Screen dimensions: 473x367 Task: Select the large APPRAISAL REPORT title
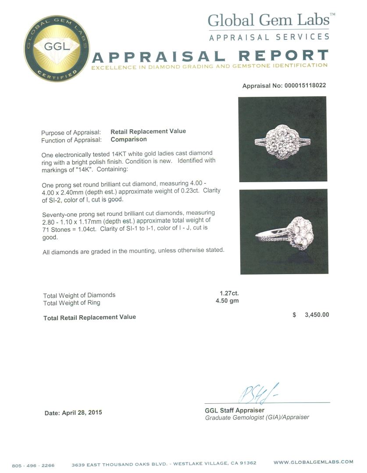tap(210, 56)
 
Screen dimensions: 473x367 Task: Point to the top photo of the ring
tap(282, 139)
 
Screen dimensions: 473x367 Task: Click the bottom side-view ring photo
tap(283, 232)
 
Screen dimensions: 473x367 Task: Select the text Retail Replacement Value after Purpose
tap(148, 131)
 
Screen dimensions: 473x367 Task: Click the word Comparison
tap(128, 140)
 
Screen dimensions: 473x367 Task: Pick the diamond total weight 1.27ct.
tap(229, 293)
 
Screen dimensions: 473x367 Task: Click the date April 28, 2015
tap(73, 413)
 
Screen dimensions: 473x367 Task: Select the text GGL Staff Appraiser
tap(235, 410)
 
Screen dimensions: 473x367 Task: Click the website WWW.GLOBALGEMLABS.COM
tap(313, 462)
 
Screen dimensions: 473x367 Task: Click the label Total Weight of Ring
tap(71, 303)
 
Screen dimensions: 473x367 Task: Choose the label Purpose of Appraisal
tap(71, 133)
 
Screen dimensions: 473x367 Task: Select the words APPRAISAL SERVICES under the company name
tap(269, 37)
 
